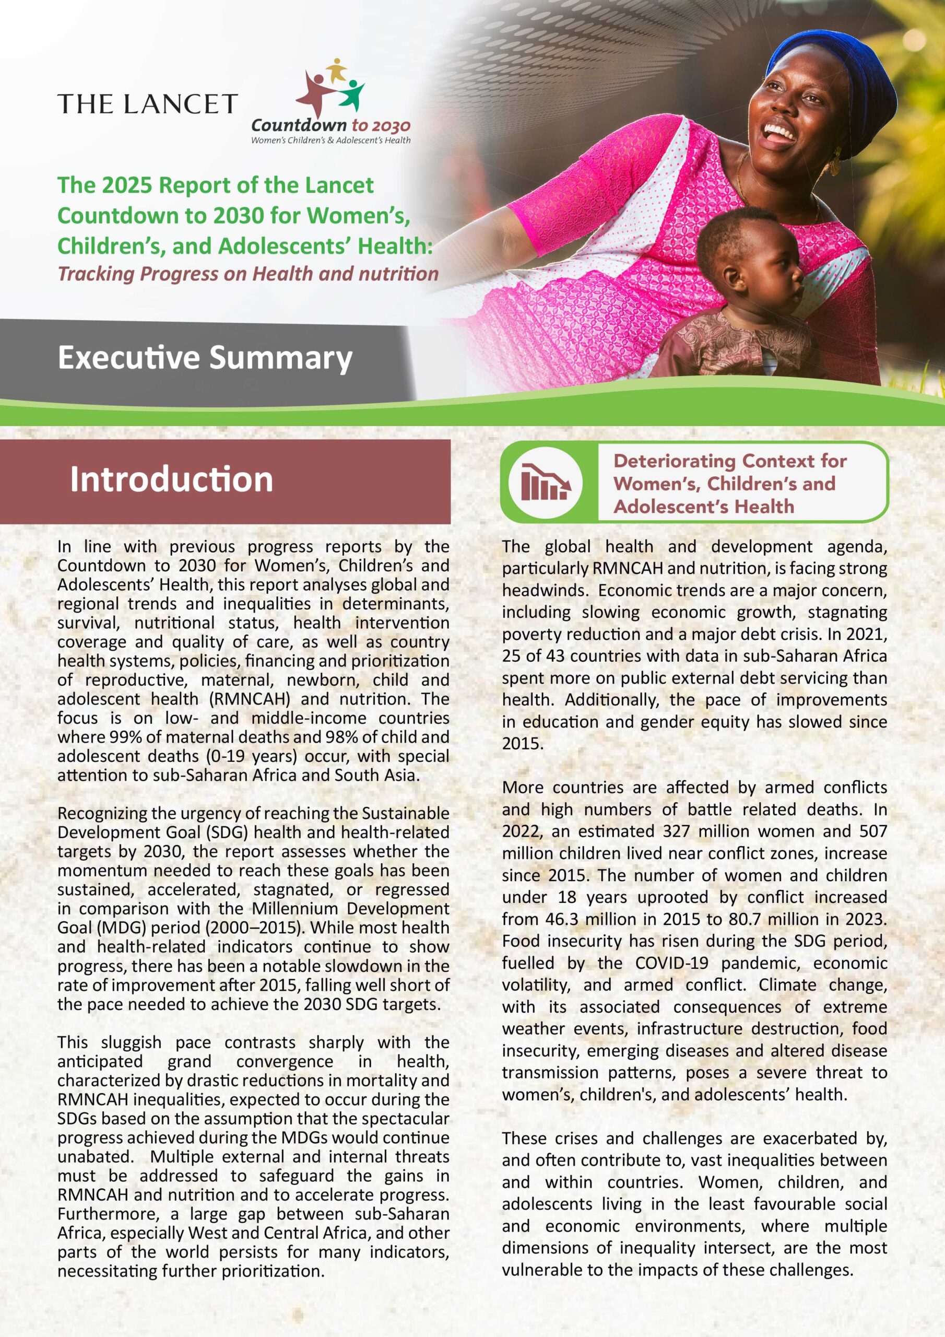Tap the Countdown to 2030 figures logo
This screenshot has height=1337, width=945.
pyautogui.click(x=330, y=87)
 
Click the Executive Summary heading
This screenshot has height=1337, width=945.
pyautogui.click(x=205, y=358)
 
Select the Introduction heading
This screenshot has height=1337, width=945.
pyautogui.click(x=171, y=479)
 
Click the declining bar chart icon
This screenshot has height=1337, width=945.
pyautogui.click(x=545, y=482)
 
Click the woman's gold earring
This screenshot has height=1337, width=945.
pyautogui.click(x=836, y=160)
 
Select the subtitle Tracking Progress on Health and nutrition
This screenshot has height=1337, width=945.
pyautogui.click(x=247, y=274)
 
